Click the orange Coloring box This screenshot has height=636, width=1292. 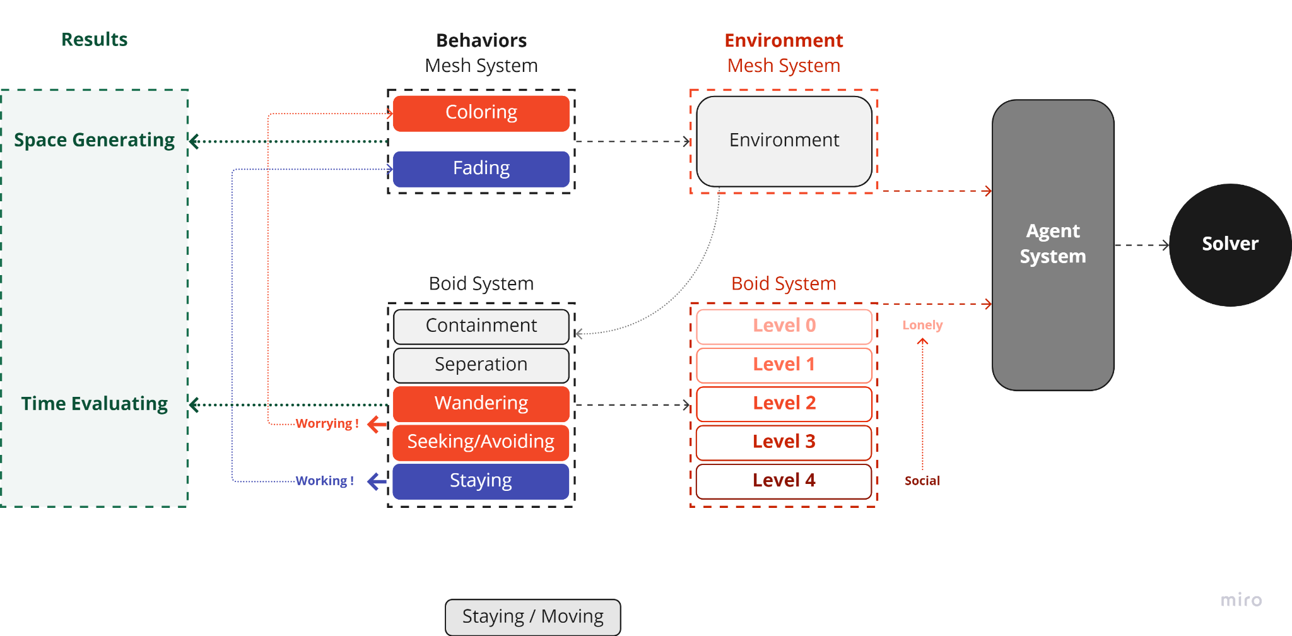481,113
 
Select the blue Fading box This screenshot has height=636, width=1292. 481,168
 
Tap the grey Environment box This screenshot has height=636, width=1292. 784,141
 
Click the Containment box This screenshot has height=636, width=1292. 481,326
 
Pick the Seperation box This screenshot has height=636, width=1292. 481,365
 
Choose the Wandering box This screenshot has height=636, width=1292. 481,403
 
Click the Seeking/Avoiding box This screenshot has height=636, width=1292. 481,442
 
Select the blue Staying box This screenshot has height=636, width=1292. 481,481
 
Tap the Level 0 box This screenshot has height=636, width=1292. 784,326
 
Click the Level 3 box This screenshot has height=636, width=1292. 784,442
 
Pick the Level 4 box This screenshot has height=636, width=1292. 784,481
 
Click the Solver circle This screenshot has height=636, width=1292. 1230,244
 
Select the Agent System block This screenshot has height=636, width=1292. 1052,244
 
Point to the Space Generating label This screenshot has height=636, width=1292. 94,140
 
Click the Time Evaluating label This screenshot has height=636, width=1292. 94,404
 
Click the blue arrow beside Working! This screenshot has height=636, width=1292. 377,481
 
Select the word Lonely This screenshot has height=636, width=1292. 922,326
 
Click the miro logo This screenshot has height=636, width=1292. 1241,599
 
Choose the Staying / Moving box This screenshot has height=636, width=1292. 532,616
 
